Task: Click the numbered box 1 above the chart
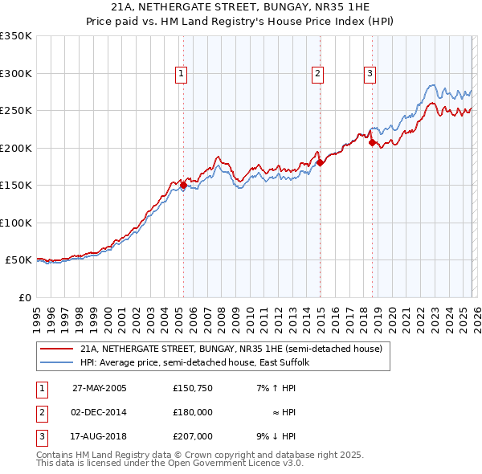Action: click(x=182, y=74)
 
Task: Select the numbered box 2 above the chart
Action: click(x=318, y=74)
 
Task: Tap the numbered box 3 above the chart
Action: click(x=370, y=74)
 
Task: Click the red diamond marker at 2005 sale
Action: click(x=183, y=185)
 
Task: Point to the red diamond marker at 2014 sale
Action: click(x=319, y=162)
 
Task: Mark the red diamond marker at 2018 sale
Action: click(x=372, y=142)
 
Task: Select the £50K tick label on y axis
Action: click(x=18, y=260)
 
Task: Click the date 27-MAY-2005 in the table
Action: click(x=100, y=388)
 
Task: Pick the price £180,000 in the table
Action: click(x=193, y=412)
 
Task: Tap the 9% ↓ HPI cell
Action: click(x=276, y=436)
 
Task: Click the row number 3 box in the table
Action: click(x=40, y=436)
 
